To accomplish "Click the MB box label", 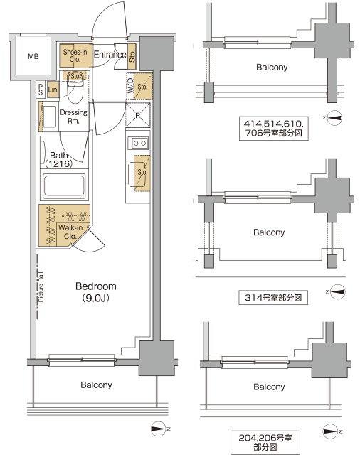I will [33, 56].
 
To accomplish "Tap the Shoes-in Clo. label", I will [75, 55].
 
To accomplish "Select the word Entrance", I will [110, 55].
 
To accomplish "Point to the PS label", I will [41, 90].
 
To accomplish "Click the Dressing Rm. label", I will [73, 117].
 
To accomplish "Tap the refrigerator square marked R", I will [137, 116].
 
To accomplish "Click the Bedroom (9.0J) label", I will [95, 291].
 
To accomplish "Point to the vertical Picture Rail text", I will [42, 288].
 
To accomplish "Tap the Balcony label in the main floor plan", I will [95, 385].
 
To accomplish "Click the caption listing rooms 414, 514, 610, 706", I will [270, 127].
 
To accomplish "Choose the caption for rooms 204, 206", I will [270, 436].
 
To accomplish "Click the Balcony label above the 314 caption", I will [269, 232].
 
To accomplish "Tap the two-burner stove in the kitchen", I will [137, 143].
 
